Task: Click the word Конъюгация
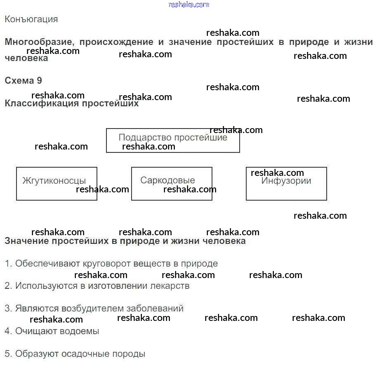(x=31, y=19)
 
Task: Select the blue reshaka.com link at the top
(x=189, y=5)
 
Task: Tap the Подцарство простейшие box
(x=173, y=140)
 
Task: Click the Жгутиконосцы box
(x=57, y=183)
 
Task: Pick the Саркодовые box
(x=172, y=183)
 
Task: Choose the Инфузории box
(x=286, y=183)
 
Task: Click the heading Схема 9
(x=23, y=80)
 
